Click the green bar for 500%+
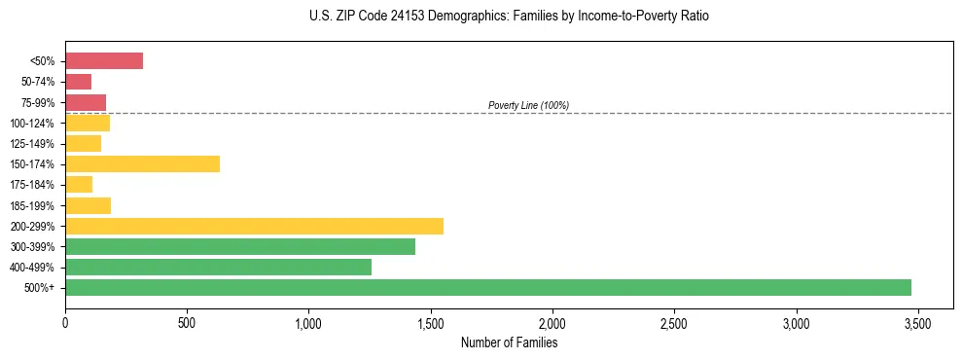coord(488,287)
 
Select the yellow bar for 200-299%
coord(254,226)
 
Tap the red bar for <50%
coord(104,61)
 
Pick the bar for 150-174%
coord(142,164)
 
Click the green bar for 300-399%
coord(240,246)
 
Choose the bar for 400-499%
coord(218,267)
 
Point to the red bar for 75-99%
coord(86,102)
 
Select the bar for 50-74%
coord(78,82)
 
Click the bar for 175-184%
coord(79,185)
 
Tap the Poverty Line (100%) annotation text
coord(528,105)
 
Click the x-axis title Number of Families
coord(509,342)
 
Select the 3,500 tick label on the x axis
coord(917,323)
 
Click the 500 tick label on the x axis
coord(187,323)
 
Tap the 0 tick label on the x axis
coord(65,323)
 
